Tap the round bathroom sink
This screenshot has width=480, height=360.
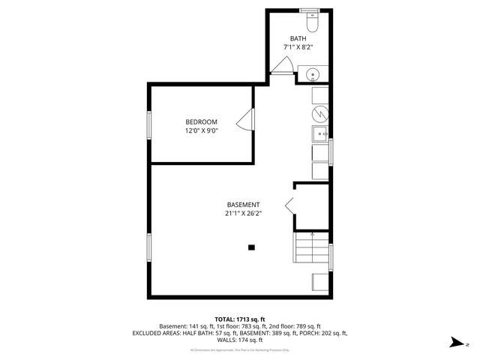311,74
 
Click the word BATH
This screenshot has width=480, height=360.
298,38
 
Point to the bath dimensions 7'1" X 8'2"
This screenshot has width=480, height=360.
298,47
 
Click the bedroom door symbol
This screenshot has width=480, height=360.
243,122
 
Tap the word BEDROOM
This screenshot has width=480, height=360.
201,122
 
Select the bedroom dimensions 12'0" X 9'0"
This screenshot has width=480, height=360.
201,131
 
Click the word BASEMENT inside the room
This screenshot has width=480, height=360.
244,205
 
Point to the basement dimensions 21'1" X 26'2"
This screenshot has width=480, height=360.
244,214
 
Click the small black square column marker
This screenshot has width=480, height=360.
251,247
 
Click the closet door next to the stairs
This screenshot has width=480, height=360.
289,205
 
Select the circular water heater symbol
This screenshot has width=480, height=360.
319,114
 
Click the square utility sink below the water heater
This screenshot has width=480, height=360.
319,134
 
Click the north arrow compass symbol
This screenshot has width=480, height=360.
454,343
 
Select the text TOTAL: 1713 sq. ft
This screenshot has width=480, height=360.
239,319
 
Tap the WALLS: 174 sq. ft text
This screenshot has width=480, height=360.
240,340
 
